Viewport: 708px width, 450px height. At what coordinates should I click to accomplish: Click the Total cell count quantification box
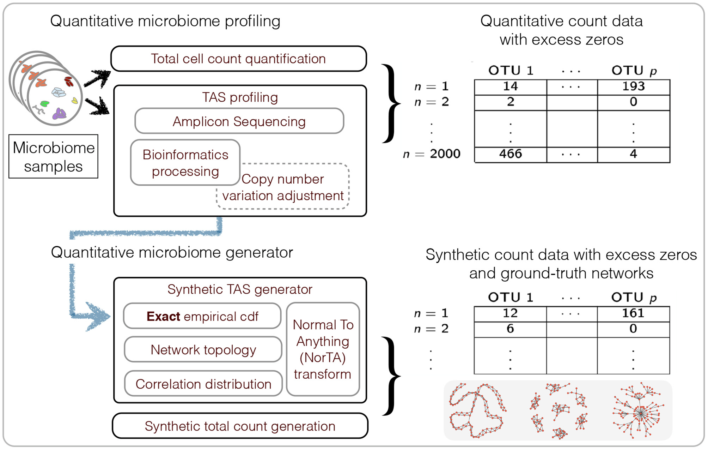click(x=238, y=59)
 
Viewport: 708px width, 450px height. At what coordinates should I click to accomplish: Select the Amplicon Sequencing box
click(x=239, y=121)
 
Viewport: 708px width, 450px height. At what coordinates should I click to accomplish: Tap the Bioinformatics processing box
click(x=185, y=163)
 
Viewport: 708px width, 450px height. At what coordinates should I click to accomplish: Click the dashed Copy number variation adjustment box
click(x=283, y=187)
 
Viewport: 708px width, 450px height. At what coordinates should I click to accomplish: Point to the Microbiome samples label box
click(x=53, y=156)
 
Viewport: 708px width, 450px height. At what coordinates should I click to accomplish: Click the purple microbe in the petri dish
click(x=59, y=114)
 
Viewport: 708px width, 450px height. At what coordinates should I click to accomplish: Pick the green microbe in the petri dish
click(x=45, y=103)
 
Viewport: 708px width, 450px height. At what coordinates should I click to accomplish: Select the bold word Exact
click(x=163, y=317)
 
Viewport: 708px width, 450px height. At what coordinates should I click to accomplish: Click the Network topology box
click(x=203, y=349)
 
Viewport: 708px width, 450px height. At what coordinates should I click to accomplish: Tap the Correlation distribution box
click(x=203, y=384)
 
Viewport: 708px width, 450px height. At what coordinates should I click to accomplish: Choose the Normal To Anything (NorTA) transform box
click(x=323, y=349)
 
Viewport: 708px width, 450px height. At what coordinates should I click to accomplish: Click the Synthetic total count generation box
click(x=240, y=426)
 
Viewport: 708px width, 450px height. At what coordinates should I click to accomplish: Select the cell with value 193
click(x=633, y=86)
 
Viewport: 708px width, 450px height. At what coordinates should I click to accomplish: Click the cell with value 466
click(x=510, y=154)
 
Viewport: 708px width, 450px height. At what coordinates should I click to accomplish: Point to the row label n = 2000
click(x=432, y=154)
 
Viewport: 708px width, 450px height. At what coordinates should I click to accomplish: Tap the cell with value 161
click(x=633, y=313)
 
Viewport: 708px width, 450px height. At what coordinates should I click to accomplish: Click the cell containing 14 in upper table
click(x=510, y=86)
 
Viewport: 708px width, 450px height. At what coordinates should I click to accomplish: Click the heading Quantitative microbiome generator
click(x=172, y=253)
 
